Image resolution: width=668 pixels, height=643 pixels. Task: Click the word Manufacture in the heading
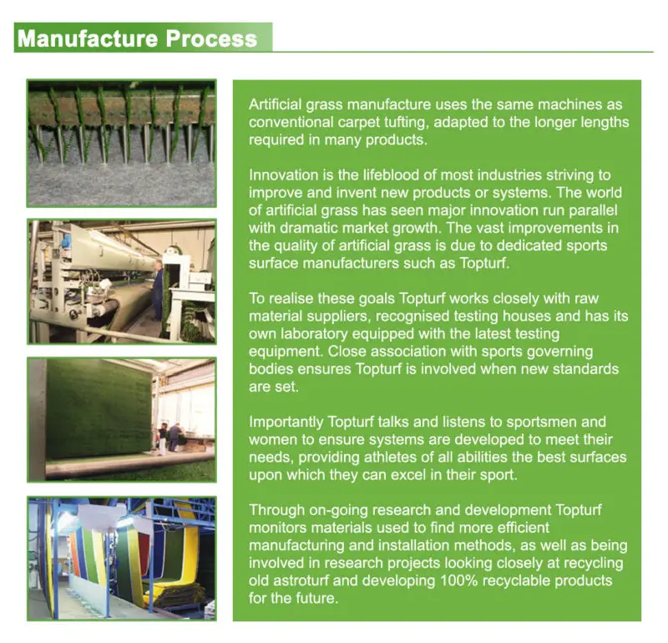click(88, 38)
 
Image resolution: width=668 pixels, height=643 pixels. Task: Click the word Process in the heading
click(211, 38)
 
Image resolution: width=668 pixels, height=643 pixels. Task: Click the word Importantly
click(286, 422)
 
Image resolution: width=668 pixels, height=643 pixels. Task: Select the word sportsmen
click(544, 422)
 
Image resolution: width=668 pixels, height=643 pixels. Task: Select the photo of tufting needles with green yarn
click(121, 143)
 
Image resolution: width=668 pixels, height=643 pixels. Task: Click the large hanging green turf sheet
click(99, 409)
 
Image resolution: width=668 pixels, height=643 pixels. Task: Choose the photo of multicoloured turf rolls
click(121, 558)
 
